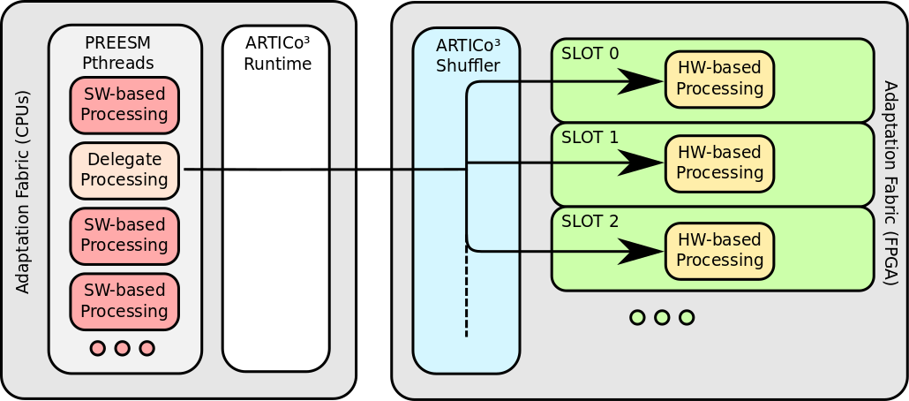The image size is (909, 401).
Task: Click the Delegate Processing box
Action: click(x=124, y=170)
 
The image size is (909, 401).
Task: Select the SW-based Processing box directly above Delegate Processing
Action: click(x=124, y=105)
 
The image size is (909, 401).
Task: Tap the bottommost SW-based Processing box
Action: click(x=124, y=301)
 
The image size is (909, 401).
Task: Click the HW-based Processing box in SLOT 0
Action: click(x=719, y=79)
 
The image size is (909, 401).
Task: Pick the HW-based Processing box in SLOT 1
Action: click(x=719, y=163)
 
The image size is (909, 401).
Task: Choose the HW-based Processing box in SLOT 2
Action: click(x=719, y=251)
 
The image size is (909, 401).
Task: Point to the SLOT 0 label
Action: click(x=590, y=53)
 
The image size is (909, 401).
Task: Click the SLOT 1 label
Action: click(x=590, y=138)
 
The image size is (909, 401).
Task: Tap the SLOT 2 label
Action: click(x=590, y=222)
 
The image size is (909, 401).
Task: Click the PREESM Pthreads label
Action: click(x=118, y=52)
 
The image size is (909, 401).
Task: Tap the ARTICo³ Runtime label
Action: click(x=278, y=53)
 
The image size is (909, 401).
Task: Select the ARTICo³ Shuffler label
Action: click(x=468, y=55)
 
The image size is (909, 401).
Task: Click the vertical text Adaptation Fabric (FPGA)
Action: click(x=889, y=183)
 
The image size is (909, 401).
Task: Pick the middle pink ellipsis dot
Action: click(x=122, y=348)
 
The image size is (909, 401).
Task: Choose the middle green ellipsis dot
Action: click(x=662, y=317)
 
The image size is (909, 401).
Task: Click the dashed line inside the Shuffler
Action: click(x=466, y=291)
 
